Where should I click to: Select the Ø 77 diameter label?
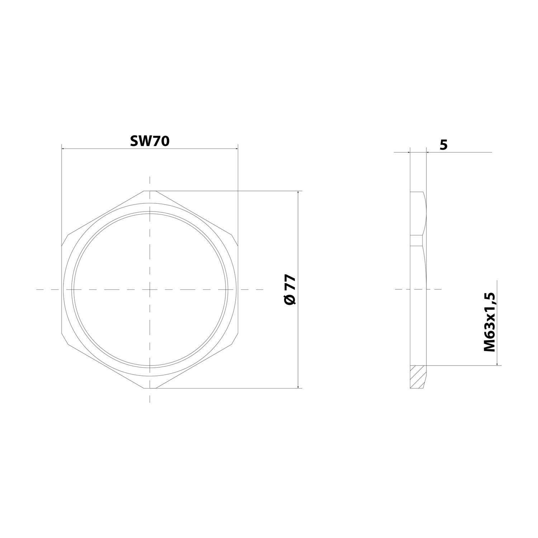(x=290, y=289)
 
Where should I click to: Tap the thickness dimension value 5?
(x=444, y=145)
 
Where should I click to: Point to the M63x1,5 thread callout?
(x=489, y=322)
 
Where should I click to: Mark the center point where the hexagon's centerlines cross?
(x=150, y=289)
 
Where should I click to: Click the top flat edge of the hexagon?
(x=150, y=191)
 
